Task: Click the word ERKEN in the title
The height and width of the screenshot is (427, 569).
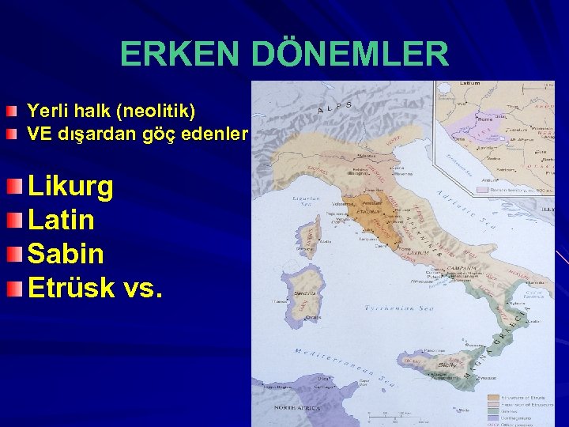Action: point(181,55)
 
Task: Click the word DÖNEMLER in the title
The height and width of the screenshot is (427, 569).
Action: point(349,55)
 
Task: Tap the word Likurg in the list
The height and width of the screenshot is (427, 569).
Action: point(70,187)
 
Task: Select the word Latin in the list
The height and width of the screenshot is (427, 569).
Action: point(61,220)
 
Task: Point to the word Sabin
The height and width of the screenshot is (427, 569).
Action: point(65,254)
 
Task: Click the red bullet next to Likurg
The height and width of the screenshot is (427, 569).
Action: point(17,187)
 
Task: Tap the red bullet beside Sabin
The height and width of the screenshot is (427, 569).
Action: point(17,254)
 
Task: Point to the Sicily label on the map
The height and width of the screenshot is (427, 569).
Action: point(447,365)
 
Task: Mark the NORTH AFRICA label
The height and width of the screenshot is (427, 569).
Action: point(296,407)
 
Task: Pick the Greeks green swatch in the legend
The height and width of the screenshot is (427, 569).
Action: point(493,410)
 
